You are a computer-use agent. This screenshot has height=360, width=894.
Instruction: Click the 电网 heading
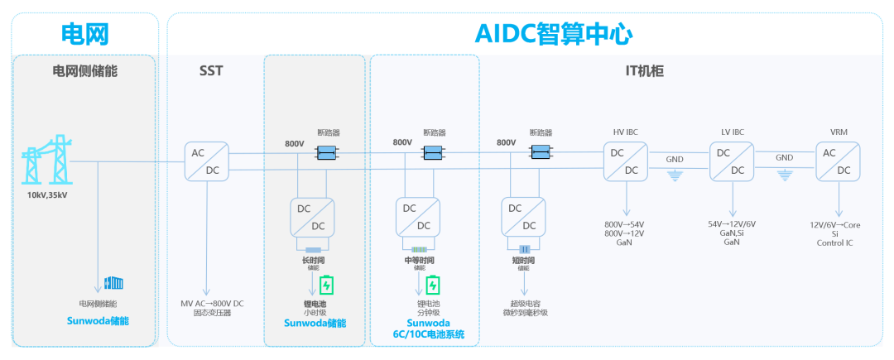(x=86, y=34)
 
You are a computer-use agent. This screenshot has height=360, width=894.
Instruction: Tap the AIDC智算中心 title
(x=554, y=34)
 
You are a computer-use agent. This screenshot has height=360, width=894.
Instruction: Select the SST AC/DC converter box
(x=206, y=161)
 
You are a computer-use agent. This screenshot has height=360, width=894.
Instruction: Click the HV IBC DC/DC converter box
(x=625, y=161)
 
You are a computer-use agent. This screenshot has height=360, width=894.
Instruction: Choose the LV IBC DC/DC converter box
(x=733, y=161)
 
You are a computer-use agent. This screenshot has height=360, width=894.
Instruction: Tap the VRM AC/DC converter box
(x=839, y=161)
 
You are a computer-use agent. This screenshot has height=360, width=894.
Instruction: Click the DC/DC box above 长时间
(x=312, y=218)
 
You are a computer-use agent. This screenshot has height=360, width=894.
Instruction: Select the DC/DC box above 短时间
(x=524, y=218)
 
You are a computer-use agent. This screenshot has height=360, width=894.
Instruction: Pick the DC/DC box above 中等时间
(x=418, y=218)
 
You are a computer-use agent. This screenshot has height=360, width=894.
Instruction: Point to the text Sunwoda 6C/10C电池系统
(x=429, y=329)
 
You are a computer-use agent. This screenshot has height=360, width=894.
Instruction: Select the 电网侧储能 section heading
(x=85, y=71)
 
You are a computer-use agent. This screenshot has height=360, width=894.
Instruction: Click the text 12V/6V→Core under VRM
(x=841, y=224)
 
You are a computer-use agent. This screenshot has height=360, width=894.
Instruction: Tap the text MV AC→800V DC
(x=212, y=303)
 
